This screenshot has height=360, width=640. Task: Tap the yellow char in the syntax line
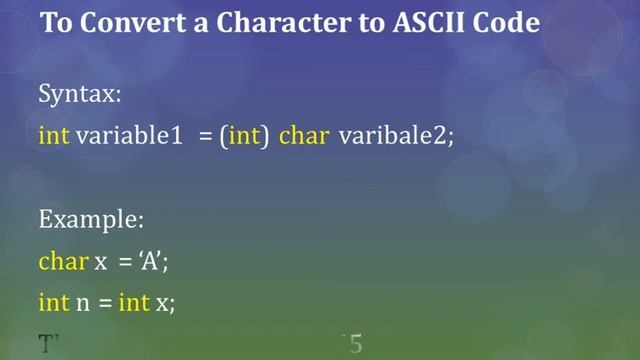click(x=304, y=136)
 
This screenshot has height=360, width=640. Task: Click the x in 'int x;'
click(x=162, y=304)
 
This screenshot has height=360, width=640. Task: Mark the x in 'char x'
click(x=100, y=262)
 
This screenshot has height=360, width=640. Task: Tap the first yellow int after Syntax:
click(x=53, y=136)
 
